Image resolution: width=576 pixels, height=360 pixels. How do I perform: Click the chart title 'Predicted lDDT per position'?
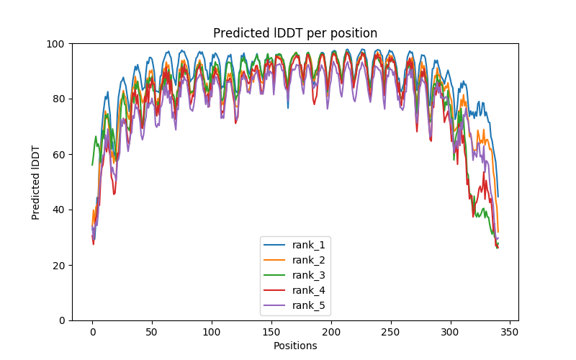tap(295, 33)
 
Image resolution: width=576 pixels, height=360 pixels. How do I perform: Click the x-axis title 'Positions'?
tap(295, 346)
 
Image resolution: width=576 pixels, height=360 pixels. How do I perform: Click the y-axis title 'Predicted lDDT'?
tap(36, 181)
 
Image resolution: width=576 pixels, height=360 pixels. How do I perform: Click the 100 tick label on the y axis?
tap(56, 44)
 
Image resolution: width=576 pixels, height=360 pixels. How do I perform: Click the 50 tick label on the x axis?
tap(152, 332)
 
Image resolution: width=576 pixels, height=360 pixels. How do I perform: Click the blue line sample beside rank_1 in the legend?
tap(276, 246)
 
